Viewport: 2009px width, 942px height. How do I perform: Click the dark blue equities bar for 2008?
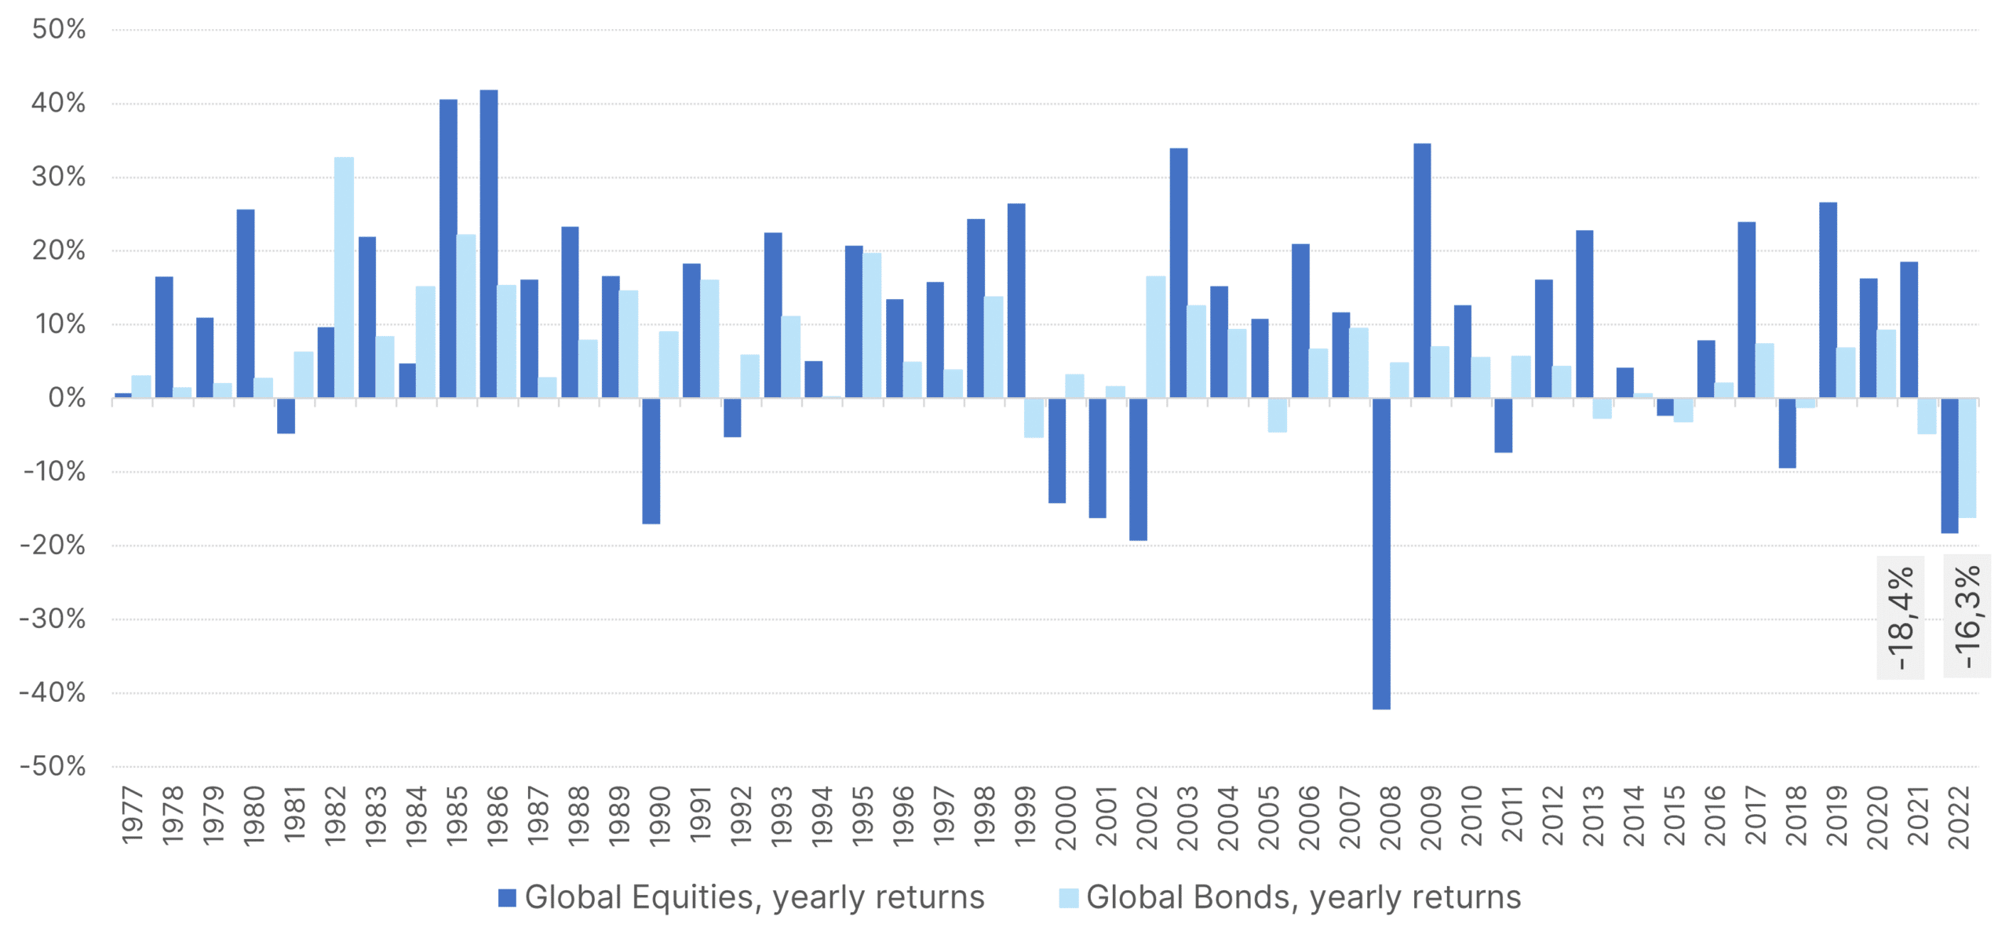(x=1381, y=553)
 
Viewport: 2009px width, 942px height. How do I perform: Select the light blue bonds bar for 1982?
(x=344, y=277)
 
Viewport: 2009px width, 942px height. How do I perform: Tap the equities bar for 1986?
(x=488, y=243)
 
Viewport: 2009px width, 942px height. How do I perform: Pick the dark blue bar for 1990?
(x=651, y=461)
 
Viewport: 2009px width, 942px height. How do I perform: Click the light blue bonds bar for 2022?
(x=1967, y=458)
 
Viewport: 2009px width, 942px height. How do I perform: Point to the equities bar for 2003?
(x=1178, y=272)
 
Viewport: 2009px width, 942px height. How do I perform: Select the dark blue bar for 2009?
(x=1422, y=270)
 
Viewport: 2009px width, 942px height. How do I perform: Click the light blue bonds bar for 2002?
(x=1155, y=337)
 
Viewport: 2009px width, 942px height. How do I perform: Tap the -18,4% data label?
(x=1900, y=618)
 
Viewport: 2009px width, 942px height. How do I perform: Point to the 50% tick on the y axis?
(x=59, y=30)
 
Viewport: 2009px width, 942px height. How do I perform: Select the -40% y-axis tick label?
(x=53, y=692)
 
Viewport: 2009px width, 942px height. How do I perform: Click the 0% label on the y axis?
(x=67, y=398)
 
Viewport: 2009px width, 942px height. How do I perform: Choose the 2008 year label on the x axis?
(x=1390, y=817)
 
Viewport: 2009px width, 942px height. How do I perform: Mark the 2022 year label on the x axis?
(x=1959, y=817)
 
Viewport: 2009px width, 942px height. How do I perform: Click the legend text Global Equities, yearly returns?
(x=754, y=897)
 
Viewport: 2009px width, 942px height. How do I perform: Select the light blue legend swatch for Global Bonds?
(x=1068, y=897)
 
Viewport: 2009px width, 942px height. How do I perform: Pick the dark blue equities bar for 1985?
(x=448, y=248)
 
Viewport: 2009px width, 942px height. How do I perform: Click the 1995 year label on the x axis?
(x=862, y=816)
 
